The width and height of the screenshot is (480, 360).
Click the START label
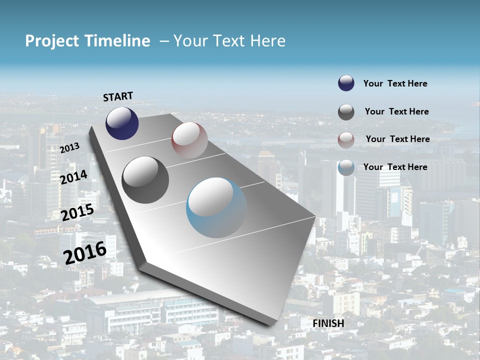pyautogui.click(x=118, y=96)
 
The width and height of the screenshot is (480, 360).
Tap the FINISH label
pyautogui.click(x=328, y=323)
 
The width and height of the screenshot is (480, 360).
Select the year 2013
pyautogui.click(x=69, y=148)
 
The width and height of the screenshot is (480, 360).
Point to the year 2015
pyautogui.click(x=77, y=213)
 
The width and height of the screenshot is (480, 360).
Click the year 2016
pyautogui.click(x=85, y=252)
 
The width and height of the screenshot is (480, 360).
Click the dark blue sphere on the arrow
pyautogui.click(x=122, y=123)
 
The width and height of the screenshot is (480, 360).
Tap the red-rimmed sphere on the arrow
pyautogui.click(x=189, y=140)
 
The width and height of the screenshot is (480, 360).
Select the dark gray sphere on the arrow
pyautogui.click(x=145, y=180)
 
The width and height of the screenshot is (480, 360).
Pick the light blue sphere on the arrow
pyautogui.click(x=216, y=207)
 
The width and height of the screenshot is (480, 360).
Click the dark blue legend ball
pyautogui.click(x=346, y=83)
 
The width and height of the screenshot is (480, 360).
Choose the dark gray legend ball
pyautogui.click(x=346, y=112)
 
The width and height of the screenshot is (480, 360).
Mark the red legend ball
pyautogui.click(x=346, y=140)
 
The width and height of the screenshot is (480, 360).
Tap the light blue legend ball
pyautogui.click(x=346, y=167)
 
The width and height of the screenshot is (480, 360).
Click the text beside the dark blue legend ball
pyautogui.click(x=395, y=83)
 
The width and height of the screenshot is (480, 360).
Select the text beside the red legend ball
pyautogui.click(x=397, y=139)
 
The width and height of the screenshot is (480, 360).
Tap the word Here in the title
pyautogui.click(x=267, y=41)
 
